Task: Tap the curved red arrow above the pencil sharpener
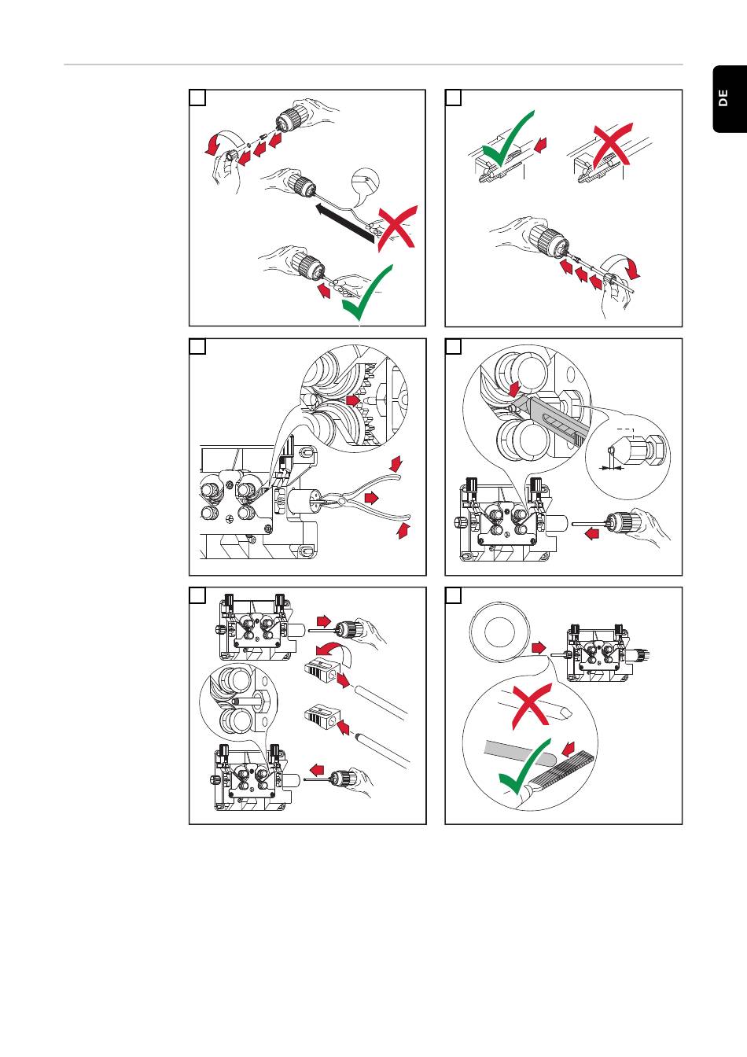[x=331, y=648]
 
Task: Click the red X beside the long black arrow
[x=396, y=228]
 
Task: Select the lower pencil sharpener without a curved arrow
[x=321, y=717]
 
